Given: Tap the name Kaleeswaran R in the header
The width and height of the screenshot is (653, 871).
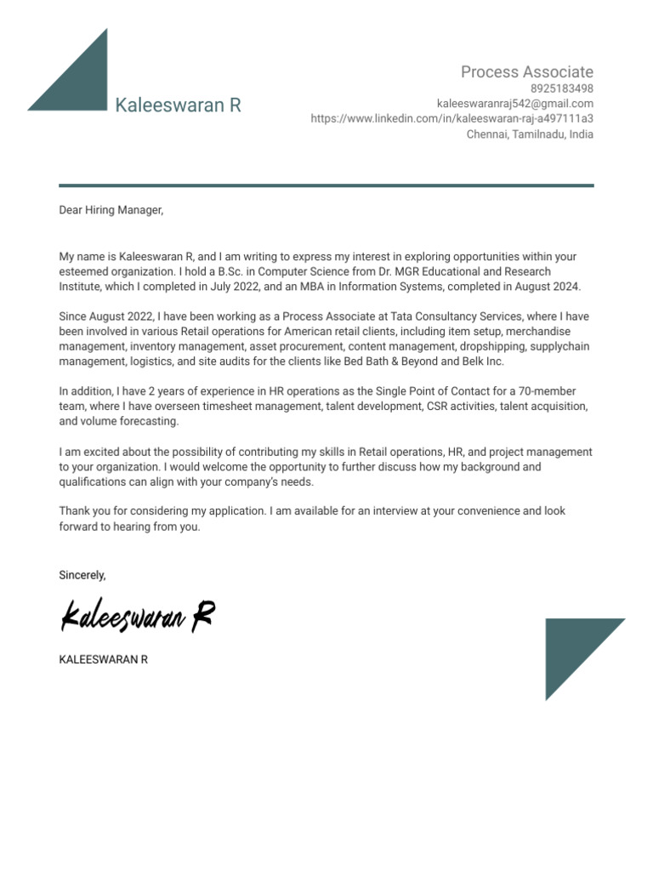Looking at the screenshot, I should pyautogui.click(x=179, y=105).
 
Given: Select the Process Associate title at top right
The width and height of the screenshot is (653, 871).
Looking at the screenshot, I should pyautogui.click(x=527, y=71).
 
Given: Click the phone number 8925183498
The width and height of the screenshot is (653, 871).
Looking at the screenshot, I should pyautogui.click(x=562, y=88).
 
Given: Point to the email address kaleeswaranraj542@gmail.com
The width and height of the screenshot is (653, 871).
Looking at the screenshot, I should pyautogui.click(x=515, y=104).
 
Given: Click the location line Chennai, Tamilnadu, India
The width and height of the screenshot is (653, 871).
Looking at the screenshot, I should pyautogui.click(x=530, y=134).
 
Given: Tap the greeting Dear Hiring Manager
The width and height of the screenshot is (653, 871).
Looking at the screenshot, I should pyautogui.click(x=111, y=210).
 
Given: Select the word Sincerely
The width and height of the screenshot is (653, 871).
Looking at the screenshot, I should pyautogui.click(x=82, y=575).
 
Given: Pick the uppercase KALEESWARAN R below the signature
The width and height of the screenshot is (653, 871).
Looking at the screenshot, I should pyautogui.click(x=103, y=659).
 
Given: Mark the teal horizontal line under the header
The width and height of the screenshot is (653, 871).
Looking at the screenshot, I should pyautogui.click(x=326, y=185).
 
